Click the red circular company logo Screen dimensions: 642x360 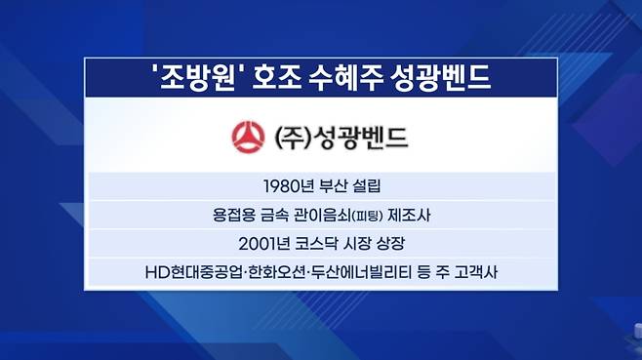[x=248, y=138]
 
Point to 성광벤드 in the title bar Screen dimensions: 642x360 [x=441, y=78]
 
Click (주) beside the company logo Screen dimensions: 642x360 [x=291, y=138]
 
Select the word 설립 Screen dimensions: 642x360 [x=367, y=186]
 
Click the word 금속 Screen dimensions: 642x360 [x=274, y=215]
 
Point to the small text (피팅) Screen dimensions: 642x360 [x=367, y=217]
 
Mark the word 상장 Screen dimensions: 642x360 [x=391, y=244]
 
